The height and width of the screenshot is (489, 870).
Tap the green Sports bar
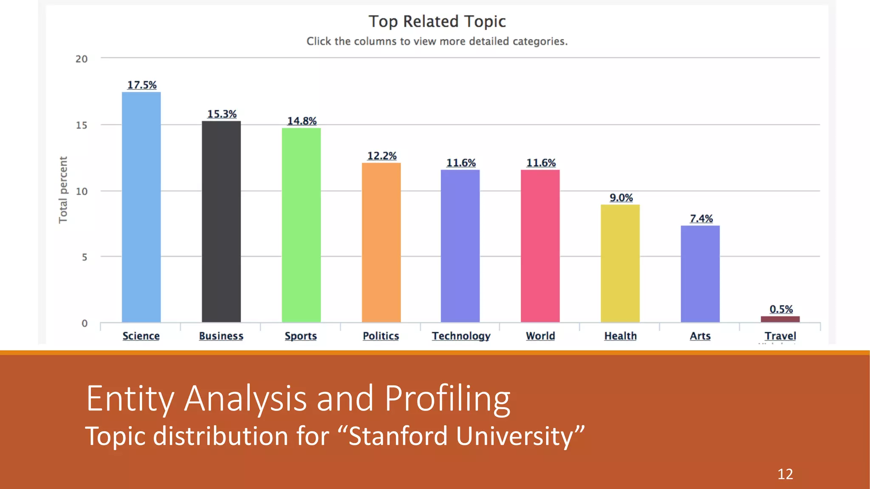[301, 225]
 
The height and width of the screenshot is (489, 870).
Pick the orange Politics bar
[381, 242]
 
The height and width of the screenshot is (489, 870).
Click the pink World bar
[540, 246]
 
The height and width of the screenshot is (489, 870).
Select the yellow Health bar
[620, 263]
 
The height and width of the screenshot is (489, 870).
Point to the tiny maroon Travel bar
[780, 319]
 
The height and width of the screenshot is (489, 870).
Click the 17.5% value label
[142, 85]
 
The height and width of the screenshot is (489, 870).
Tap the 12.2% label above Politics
[381, 156]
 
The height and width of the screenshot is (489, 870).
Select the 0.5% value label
[781, 309]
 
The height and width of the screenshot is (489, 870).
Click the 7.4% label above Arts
[701, 218]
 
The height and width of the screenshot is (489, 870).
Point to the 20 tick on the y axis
[82, 59]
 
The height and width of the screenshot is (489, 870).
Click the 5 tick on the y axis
[85, 257]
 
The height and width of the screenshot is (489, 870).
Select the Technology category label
[461, 336]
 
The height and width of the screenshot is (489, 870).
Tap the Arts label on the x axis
[700, 336]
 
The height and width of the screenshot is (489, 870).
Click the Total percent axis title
[63, 190]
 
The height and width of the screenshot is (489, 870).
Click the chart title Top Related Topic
[437, 21]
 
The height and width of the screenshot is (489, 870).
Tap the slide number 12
[785, 474]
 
